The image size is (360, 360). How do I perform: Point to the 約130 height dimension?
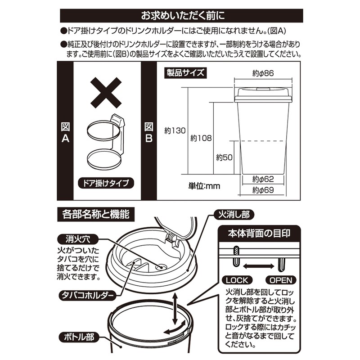[175, 131]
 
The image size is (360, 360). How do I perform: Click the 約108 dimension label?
[201, 138]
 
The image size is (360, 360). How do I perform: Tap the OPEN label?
[282, 280]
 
